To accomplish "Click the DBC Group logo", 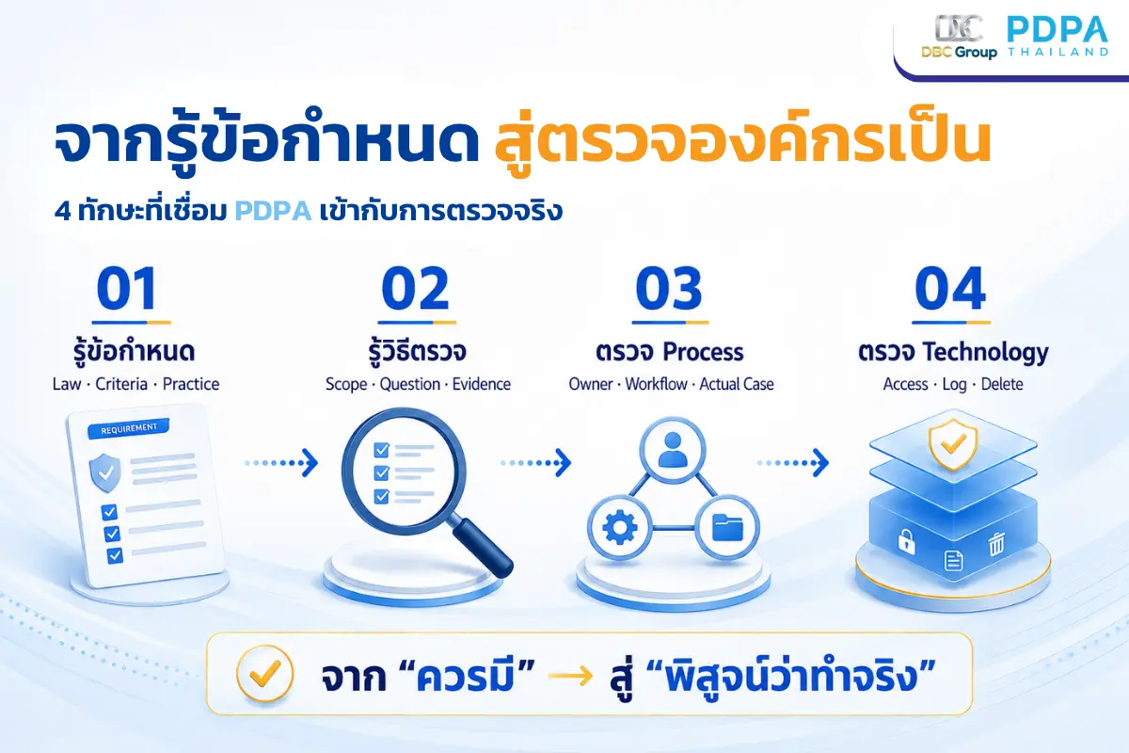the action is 959,37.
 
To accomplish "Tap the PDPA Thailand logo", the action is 1057,36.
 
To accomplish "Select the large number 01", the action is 127,288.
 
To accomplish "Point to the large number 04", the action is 950,288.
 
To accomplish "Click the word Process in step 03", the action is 703,352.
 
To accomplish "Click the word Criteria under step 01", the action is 121,384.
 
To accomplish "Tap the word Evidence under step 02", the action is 482,384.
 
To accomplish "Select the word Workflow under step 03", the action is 657,384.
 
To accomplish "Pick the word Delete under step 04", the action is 1002,384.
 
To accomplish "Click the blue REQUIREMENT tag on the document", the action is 129,428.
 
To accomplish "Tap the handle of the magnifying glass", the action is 483,548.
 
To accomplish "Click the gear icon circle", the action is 619,527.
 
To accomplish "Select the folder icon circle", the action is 727,527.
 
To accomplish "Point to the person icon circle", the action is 673,450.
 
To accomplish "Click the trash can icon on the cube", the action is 996,544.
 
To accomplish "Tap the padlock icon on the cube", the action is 906,541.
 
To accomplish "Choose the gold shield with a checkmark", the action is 953,444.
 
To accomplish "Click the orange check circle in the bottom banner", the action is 264,673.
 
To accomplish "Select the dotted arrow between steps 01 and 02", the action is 281,462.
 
